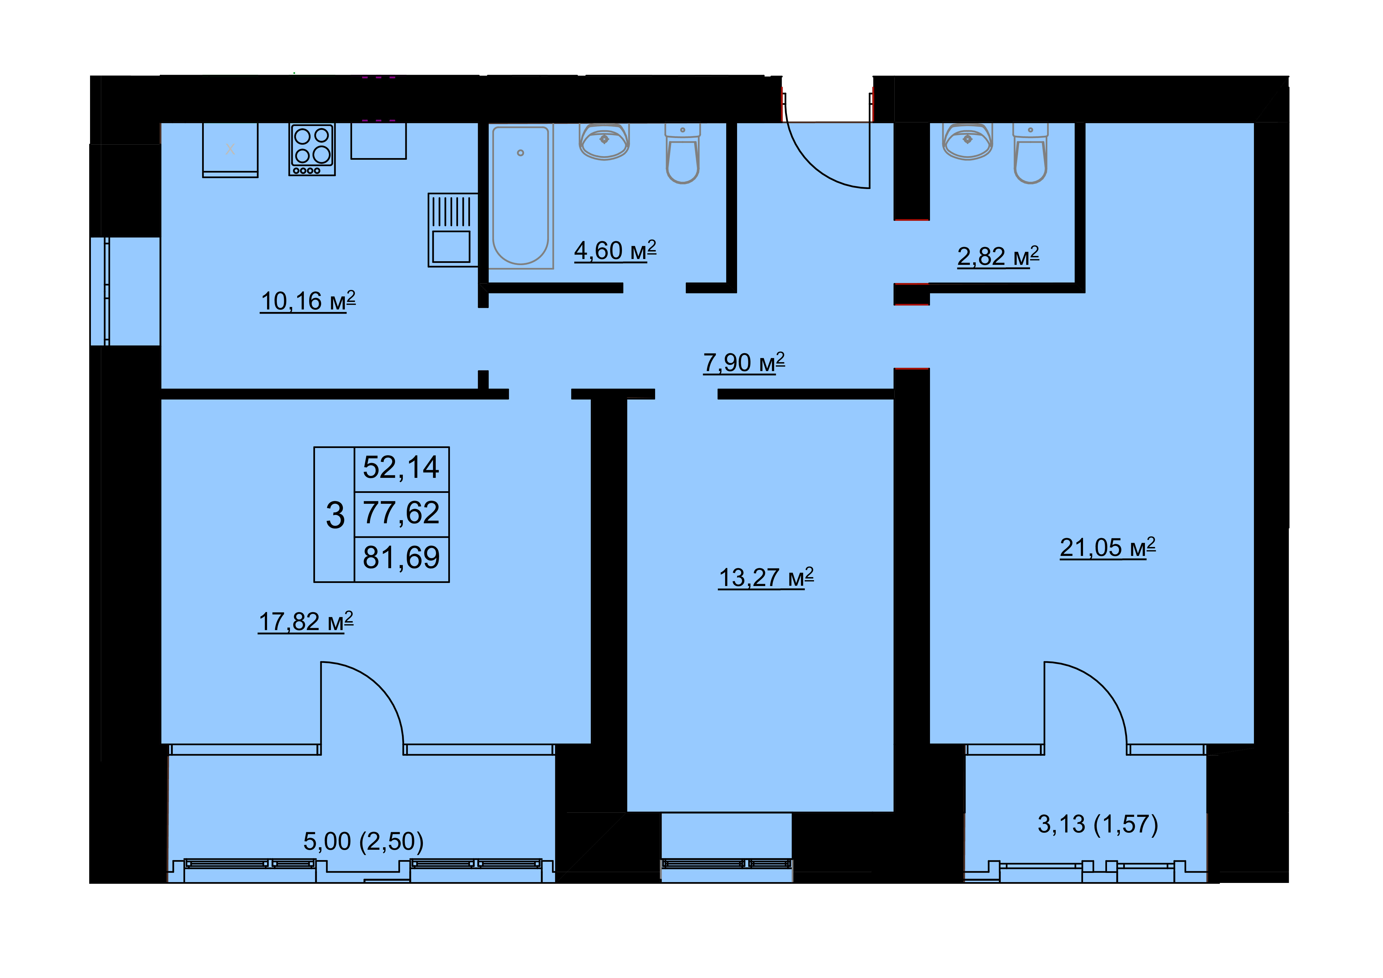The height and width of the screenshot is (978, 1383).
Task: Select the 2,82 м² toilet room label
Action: [998, 256]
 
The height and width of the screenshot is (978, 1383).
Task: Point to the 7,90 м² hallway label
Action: [744, 362]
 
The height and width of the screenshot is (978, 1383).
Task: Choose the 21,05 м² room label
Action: [1108, 548]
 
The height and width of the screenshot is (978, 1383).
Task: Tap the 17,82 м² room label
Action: [306, 621]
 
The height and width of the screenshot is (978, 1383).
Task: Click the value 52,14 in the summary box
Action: [401, 467]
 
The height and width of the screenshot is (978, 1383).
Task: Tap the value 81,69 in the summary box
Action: [401, 558]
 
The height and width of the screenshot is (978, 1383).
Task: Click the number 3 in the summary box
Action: [335, 515]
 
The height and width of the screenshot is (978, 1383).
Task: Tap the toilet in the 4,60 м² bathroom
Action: [682, 154]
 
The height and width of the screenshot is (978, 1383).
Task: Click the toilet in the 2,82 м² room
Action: [1031, 154]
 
